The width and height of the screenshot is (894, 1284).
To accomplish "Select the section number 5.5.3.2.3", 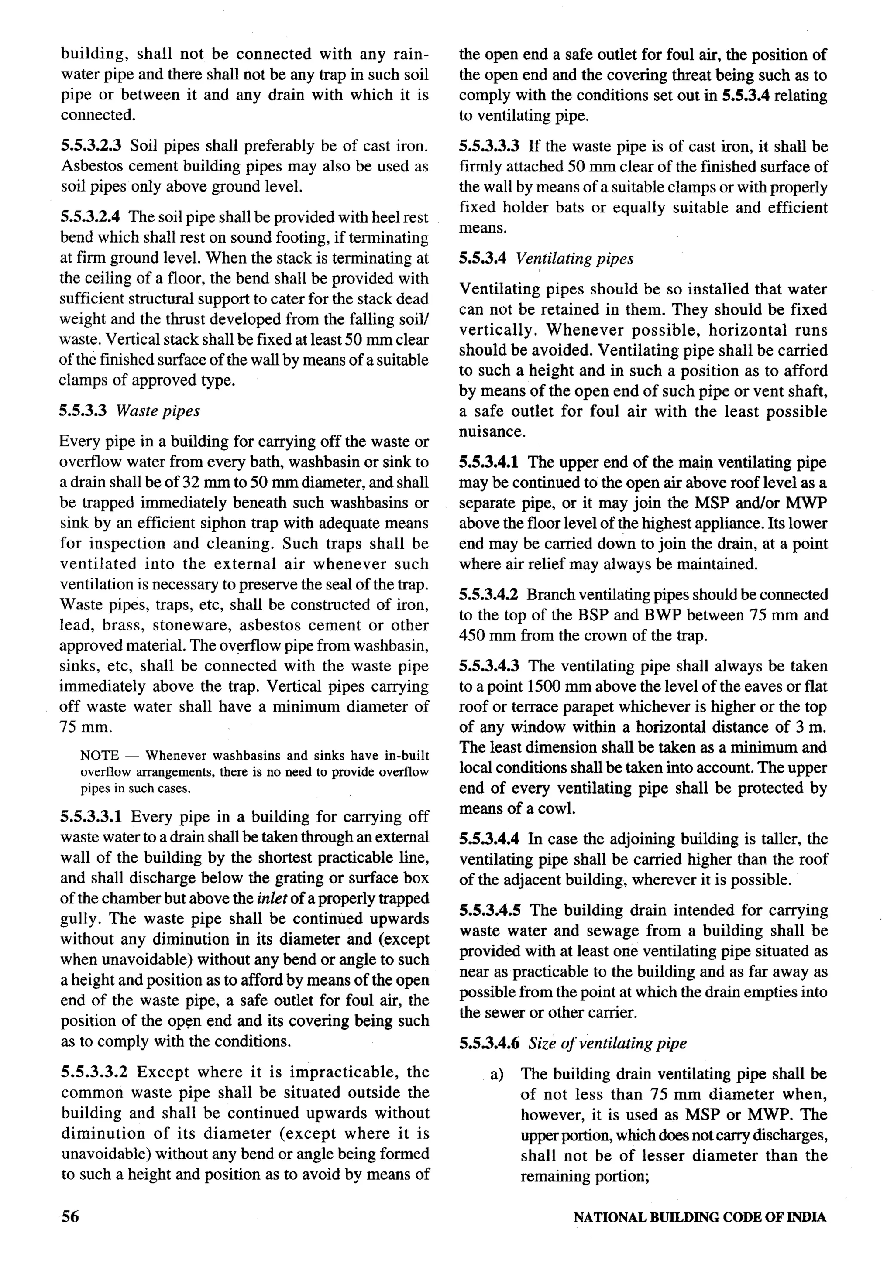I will coord(91,146).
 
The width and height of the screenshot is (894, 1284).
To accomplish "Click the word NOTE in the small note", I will coord(100,756).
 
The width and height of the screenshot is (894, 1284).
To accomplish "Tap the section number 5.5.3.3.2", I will coord(95,1072).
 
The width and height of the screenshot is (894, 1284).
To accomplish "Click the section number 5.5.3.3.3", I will coord(489,147).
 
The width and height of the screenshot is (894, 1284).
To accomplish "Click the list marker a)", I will coord(497,1074).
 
